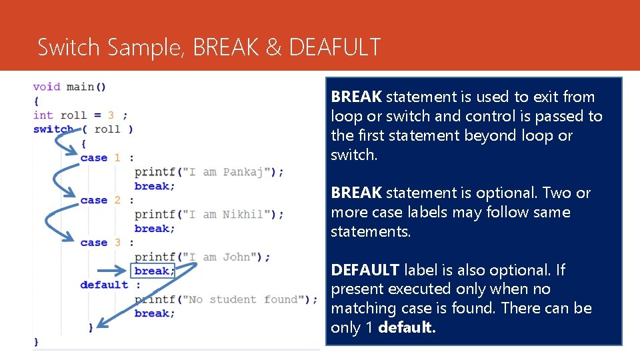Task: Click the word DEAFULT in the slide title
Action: (x=335, y=47)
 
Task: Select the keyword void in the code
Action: (x=47, y=87)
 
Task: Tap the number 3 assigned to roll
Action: (x=111, y=115)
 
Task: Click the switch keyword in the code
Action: (x=53, y=129)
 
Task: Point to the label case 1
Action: (x=100, y=157)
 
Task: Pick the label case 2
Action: (x=100, y=200)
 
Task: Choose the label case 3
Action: (x=100, y=243)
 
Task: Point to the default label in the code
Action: (x=104, y=285)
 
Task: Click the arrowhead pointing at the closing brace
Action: (x=100, y=325)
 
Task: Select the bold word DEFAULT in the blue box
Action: (x=365, y=270)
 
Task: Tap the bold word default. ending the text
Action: (x=407, y=327)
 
